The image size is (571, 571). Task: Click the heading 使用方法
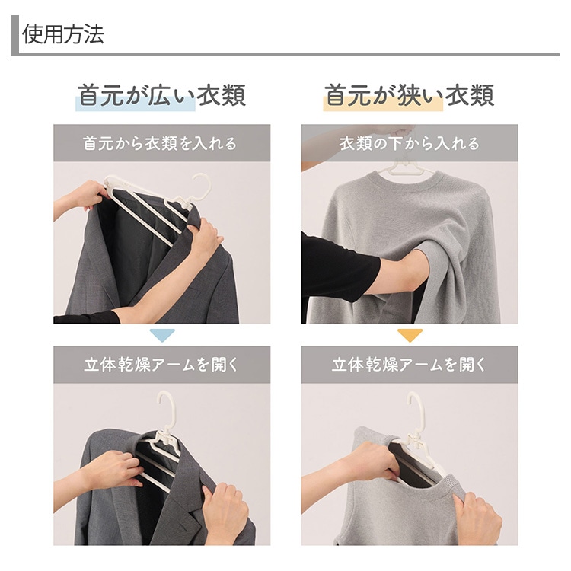tap(63, 34)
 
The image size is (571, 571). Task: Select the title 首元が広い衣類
tap(161, 95)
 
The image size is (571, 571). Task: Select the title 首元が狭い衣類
tap(409, 95)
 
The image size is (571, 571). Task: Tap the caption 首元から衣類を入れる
tap(160, 143)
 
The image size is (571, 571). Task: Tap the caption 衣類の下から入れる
tap(410, 143)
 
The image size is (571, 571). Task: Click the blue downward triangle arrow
tap(162, 335)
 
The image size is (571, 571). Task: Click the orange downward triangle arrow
tap(410, 335)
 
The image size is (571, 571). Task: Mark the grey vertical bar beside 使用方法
tap(15, 35)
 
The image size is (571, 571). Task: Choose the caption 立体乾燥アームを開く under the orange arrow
tap(409, 365)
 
